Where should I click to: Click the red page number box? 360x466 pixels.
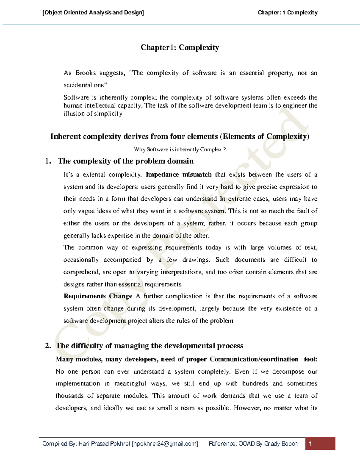coord(320,443)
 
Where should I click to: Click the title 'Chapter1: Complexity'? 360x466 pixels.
coord(180,47)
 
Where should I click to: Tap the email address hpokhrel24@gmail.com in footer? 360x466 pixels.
coord(165,443)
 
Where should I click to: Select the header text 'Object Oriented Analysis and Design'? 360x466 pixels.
coord(93,13)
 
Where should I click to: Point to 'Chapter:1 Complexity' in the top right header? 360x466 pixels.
coord(287,13)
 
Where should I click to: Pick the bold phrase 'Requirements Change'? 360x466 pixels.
coord(98,296)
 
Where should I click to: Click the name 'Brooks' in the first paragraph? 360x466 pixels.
coord(85,73)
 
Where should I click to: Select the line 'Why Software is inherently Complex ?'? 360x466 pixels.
coord(180,149)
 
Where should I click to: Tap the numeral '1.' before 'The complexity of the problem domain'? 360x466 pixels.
coord(48,161)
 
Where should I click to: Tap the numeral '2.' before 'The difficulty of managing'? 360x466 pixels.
coord(48,346)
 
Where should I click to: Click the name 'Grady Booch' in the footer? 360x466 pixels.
coord(281,443)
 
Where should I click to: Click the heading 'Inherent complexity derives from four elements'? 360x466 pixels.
coord(134,137)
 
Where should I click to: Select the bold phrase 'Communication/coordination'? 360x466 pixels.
coord(254,359)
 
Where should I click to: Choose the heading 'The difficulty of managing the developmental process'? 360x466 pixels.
coord(149,346)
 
